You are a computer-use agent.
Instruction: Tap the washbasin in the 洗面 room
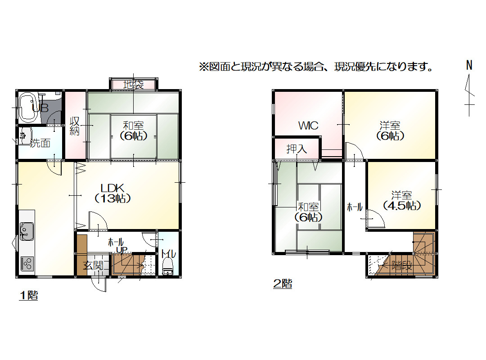[x=25, y=136]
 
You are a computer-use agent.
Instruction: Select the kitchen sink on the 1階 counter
[x=27, y=231]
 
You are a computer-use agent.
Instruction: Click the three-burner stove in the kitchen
[x=27, y=264]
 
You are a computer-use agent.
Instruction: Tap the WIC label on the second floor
[x=308, y=126]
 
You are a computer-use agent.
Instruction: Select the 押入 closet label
[x=297, y=149]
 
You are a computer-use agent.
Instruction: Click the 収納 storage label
[x=75, y=126]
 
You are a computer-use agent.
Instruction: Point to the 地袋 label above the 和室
[x=134, y=84]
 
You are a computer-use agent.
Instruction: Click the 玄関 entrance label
[x=93, y=266]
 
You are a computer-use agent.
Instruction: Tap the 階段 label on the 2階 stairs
[x=402, y=266]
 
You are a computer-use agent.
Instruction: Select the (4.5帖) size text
[x=402, y=206]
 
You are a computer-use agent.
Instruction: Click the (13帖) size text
[x=112, y=198]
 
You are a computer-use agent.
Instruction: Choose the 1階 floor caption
[x=28, y=295]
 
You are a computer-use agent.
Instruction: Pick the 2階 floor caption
[x=282, y=283]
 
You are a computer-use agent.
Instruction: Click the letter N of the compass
[x=469, y=65]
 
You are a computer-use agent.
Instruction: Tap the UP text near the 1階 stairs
[x=121, y=250]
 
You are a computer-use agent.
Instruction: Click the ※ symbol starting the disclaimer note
[x=204, y=67]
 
